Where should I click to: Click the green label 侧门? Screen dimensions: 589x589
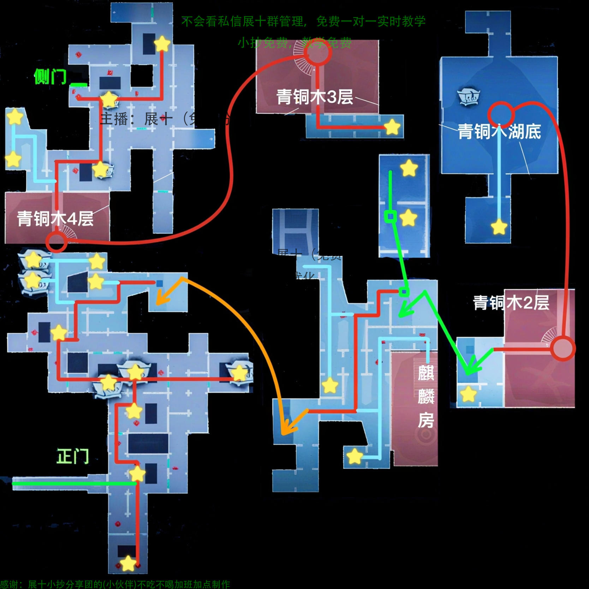tap(50, 76)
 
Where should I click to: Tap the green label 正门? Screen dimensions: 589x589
tap(73, 456)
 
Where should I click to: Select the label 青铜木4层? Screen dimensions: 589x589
tap(55, 219)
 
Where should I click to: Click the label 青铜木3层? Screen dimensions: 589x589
tap(314, 97)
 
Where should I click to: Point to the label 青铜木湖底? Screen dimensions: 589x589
tap(499, 131)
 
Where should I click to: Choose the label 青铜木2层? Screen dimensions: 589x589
tap(511, 302)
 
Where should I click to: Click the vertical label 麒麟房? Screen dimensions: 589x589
tap(426, 396)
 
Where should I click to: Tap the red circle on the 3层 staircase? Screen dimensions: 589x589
tap(318, 52)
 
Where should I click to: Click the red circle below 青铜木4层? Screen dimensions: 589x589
tap(56, 242)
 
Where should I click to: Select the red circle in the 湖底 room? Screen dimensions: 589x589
tap(500, 114)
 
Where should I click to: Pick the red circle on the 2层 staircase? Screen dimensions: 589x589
tap(563, 349)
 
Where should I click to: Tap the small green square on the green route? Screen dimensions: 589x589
tap(390, 216)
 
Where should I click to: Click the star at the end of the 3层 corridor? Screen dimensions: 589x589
tap(392, 127)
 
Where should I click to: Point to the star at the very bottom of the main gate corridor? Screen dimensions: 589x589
tap(128, 564)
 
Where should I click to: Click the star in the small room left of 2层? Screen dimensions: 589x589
tap(468, 394)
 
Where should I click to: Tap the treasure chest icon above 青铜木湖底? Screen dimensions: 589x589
tap(468, 96)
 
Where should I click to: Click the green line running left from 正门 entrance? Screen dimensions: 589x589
tap(74, 483)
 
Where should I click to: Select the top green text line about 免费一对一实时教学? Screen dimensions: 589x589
tap(303, 22)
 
